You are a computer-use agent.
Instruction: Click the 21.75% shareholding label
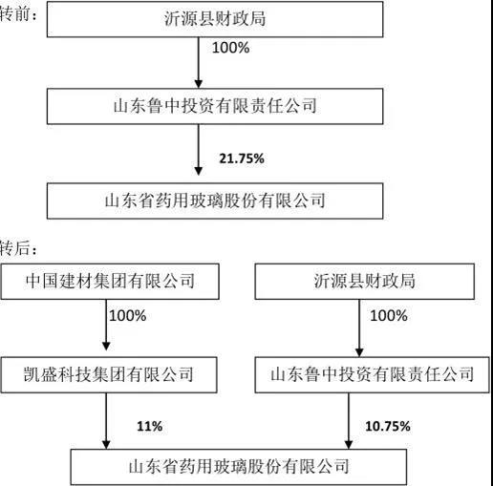coord(242,158)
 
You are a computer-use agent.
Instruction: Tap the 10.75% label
coord(388,426)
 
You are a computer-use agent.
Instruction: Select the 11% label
coord(150,426)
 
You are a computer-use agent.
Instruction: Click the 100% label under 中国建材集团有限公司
coord(128,316)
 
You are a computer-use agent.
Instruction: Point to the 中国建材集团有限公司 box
coord(110,282)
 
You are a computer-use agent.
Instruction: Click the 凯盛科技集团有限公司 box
coord(109,374)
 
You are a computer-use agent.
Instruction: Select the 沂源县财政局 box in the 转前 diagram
coord(215,19)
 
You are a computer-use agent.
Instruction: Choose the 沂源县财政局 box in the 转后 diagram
coord(365,282)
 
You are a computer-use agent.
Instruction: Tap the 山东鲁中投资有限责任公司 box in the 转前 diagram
coord(215,106)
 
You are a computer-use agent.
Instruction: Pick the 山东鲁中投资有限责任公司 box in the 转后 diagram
coord(372,374)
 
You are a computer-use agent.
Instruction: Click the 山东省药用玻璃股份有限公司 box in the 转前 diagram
coord(215,201)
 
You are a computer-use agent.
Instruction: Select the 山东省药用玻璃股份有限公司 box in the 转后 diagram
coord(239,467)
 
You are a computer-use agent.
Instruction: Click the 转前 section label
coord(18,14)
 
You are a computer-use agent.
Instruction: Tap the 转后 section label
coord(18,248)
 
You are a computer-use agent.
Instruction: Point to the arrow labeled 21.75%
coord(199,150)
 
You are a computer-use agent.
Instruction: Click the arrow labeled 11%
coord(106,421)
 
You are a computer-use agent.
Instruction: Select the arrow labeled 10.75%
coord(349,421)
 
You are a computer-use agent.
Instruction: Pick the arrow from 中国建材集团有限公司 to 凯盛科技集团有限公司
coord(106,325)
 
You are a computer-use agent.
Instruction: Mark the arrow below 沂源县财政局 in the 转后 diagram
coord(359,328)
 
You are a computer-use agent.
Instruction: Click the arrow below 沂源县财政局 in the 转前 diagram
coord(199,63)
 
